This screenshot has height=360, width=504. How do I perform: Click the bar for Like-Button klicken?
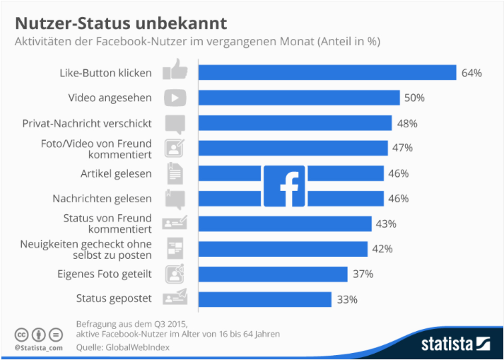click(327, 73)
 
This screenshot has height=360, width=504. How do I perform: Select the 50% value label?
click(414, 98)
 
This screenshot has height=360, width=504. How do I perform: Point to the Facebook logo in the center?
click(284, 186)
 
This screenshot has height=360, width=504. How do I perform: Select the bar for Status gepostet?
click(264, 299)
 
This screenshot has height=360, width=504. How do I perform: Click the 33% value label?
click(346, 299)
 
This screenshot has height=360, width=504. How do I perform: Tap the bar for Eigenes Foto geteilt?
click(272, 274)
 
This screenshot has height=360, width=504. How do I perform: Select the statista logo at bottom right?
click(455, 344)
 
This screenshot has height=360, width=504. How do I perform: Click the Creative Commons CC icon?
click(21, 334)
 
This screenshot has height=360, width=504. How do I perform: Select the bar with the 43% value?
click(284, 223)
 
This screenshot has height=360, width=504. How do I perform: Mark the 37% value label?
click(363, 274)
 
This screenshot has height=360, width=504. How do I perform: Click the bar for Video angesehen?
click(298, 98)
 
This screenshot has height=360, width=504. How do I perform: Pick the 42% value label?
click(382, 249)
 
